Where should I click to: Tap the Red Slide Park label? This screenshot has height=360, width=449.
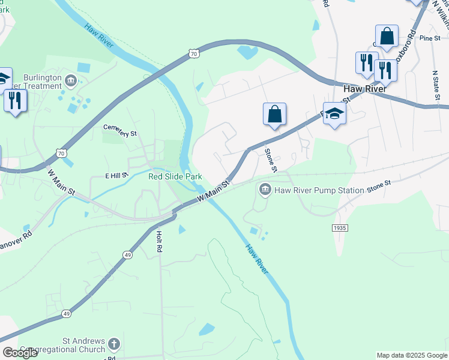[x=175, y=176]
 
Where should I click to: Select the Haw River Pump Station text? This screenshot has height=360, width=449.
[x=319, y=190]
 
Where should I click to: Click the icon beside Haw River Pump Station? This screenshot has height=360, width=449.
[x=264, y=190]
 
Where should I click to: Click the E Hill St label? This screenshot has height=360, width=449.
[x=117, y=175]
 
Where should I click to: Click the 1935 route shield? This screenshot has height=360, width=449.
[x=339, y=228]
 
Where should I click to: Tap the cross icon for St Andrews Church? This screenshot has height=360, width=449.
[x=114, y=344]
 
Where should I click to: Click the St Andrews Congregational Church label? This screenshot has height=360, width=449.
[x=63, y=346]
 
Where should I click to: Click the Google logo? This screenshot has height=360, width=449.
[x=20, y=353]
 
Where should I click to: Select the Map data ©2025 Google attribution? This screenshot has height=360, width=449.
[x=412, y=355]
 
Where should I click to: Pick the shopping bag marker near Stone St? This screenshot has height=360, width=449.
[x=274, y=114]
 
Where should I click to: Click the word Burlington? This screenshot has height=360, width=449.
[x=43, y=78]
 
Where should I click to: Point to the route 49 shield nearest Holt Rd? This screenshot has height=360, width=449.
[x=127, y=254]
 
